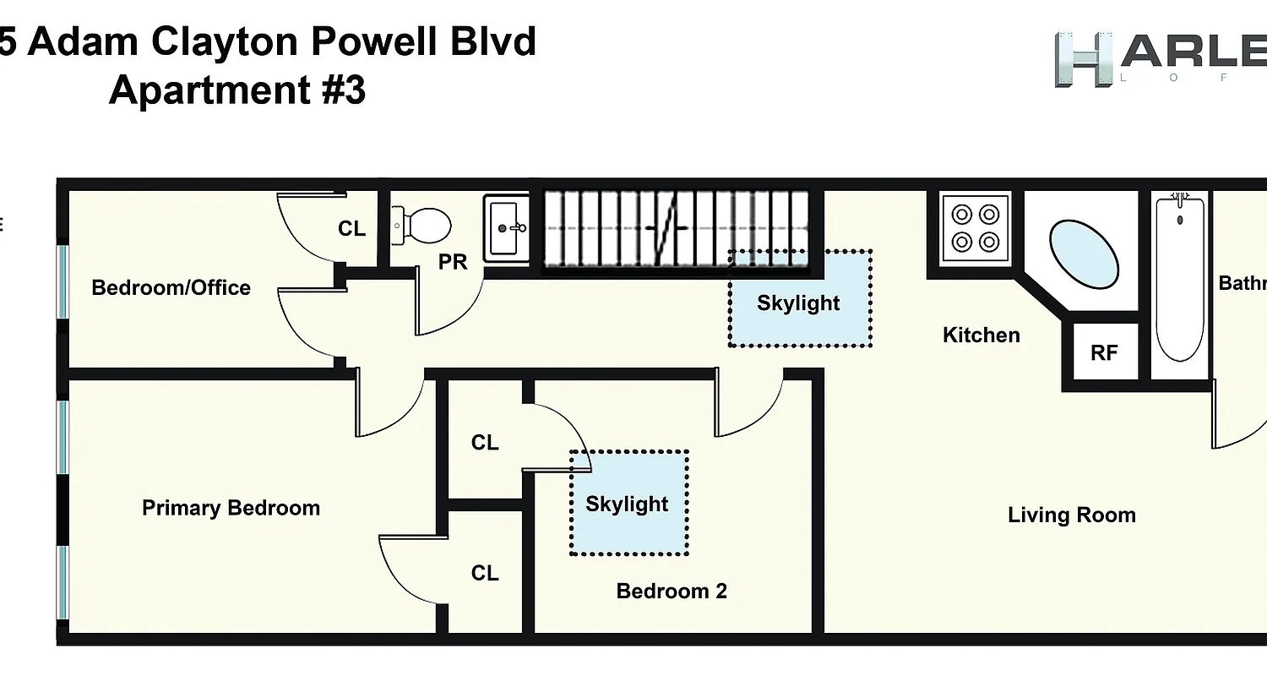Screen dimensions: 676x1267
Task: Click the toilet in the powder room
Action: [423, 226]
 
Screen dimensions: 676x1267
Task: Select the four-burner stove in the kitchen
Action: [976, 227]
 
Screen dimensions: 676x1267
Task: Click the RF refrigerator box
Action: [1104, 352]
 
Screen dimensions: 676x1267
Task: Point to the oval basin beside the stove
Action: [1085, 254]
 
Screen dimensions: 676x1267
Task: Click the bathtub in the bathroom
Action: [1179, 278]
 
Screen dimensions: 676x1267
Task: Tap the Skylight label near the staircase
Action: [798, 303]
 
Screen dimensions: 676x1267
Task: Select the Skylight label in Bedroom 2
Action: [627, 504]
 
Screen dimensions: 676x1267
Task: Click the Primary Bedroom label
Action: [231, 508]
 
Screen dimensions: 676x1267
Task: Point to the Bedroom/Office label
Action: [171, 287]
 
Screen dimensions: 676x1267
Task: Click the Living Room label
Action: [1071, 515]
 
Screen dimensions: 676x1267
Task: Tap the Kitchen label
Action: [981, 335]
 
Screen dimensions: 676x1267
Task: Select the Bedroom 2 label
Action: [672, 591]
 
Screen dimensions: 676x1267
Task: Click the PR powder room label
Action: [453, 262]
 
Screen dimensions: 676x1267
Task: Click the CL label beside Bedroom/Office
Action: [351, 228]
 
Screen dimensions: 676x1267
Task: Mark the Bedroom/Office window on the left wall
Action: [62, 281]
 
